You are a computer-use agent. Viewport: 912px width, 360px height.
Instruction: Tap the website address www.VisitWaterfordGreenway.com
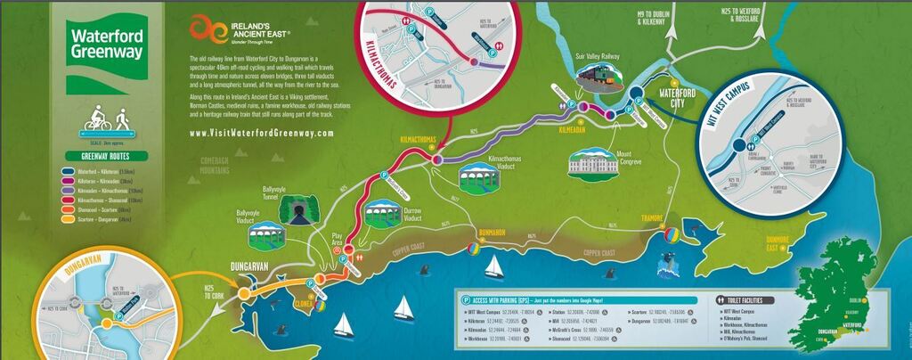(x=262, y=133)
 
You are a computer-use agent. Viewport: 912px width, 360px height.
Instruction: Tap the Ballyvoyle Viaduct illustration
(x=266, y=237)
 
